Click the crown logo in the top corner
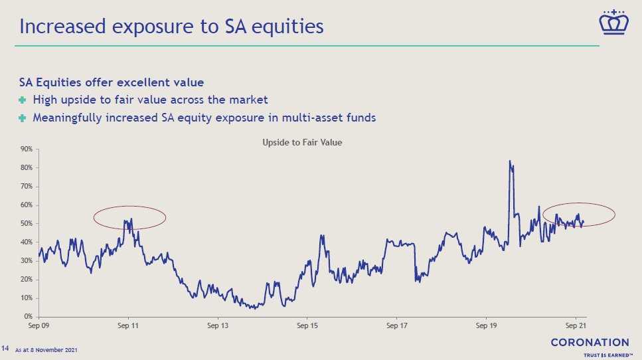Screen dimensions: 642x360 pyautogui.click(x=613, y=23)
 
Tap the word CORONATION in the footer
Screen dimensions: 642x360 pyautogui.click(x=590, y=342)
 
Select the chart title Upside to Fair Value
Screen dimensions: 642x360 pyautogui.click(x=302, y=143)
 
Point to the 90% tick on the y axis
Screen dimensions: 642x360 pyautogui.click(x=26, y=149)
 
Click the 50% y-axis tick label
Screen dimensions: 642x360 pyautogui.click(x=26, y=224)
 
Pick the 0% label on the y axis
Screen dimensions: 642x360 pyautogui.click(x=29, y=317)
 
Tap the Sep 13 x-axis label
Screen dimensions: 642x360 pyautogui.click(x=218, y=325)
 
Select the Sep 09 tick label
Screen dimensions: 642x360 pyautogui.click(x=39, y=325)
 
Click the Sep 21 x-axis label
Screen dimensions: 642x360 pyautogui.click(x=576, y=325)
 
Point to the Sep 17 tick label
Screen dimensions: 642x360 pyautogui.click(x=397, y=325)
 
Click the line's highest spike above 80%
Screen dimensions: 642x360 pyautogui.click(x=510, y=161)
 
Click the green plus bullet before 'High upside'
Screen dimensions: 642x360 pyautogui.click(x=23, y=100)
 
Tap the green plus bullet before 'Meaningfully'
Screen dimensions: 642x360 pyautogui.click(x=23, y=118)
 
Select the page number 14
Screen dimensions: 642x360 pyautogui.click(x=5, y=348)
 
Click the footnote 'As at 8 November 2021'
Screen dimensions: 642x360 pyautogui.click(x=46, y=350)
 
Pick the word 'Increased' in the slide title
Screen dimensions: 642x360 pyautogui.click(x=62, y=26)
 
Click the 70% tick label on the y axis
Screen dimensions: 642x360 pyautogui.click(x=26, y=187)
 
